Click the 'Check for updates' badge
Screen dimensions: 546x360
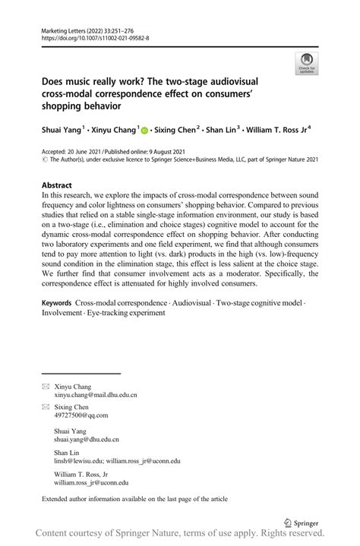pyautogui.click(x=307, y=63)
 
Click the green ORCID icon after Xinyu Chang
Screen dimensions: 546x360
pyautogui.click(x=144, y=131)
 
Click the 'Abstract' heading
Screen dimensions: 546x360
pyautogui.click(x=57, y=185)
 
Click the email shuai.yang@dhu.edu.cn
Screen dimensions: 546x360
pyautogui.click(x=87, y=439)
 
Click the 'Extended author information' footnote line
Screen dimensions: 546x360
pyautogui.click(x=134, y=499)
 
